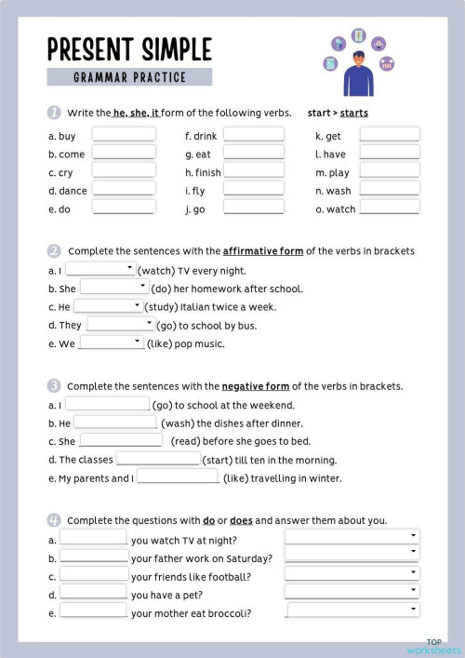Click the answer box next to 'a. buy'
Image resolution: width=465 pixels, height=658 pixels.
(x=124, y=135)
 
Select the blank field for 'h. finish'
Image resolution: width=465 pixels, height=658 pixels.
(x=254, y=172)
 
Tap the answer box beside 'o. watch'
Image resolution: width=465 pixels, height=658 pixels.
(x=389, y=208)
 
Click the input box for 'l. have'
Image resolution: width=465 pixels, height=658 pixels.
(x=389, y=154)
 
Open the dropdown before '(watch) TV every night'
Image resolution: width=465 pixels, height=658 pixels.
(x=101, y=270)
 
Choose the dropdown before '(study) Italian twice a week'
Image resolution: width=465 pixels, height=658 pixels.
(x=108, y=306)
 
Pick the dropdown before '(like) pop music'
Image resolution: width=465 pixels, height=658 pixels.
(x=111, y=343)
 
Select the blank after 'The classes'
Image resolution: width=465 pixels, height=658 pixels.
(x=158, y=460)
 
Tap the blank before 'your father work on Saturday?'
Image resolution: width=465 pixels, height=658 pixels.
(x=93, y=557)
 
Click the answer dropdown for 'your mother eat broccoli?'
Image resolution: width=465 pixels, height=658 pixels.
(x=352, y=611)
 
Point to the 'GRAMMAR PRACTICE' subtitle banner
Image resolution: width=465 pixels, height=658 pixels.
(x=129, y=77)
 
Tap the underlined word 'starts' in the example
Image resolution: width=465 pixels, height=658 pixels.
(x=353, y=114)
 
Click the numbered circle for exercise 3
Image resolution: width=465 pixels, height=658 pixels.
(x=54, y=385)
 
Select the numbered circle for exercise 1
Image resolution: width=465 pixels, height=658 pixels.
(x=54, y=113)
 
